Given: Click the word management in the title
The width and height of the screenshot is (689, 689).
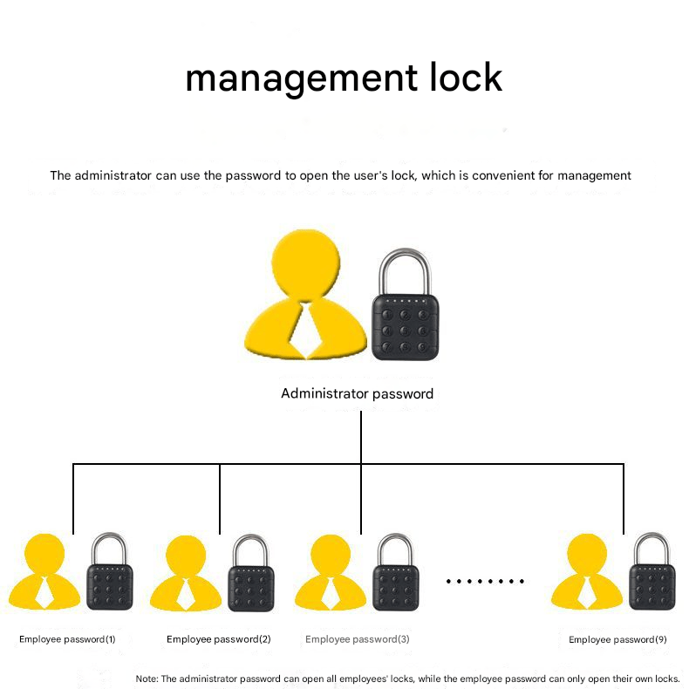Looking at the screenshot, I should tap(292, 78).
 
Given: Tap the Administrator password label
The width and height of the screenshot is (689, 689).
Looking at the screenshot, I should tap(357, 393).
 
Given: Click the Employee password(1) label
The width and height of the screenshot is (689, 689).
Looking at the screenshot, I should tap(67, 639).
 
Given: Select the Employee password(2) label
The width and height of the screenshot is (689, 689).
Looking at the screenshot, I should tap(218, 639).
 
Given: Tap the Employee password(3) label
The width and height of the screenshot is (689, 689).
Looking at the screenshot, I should tap(357, 639).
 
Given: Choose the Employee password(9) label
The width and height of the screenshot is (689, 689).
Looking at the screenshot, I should tap(617, 639).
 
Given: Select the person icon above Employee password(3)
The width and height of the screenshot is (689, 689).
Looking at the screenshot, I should tap(330, 576).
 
